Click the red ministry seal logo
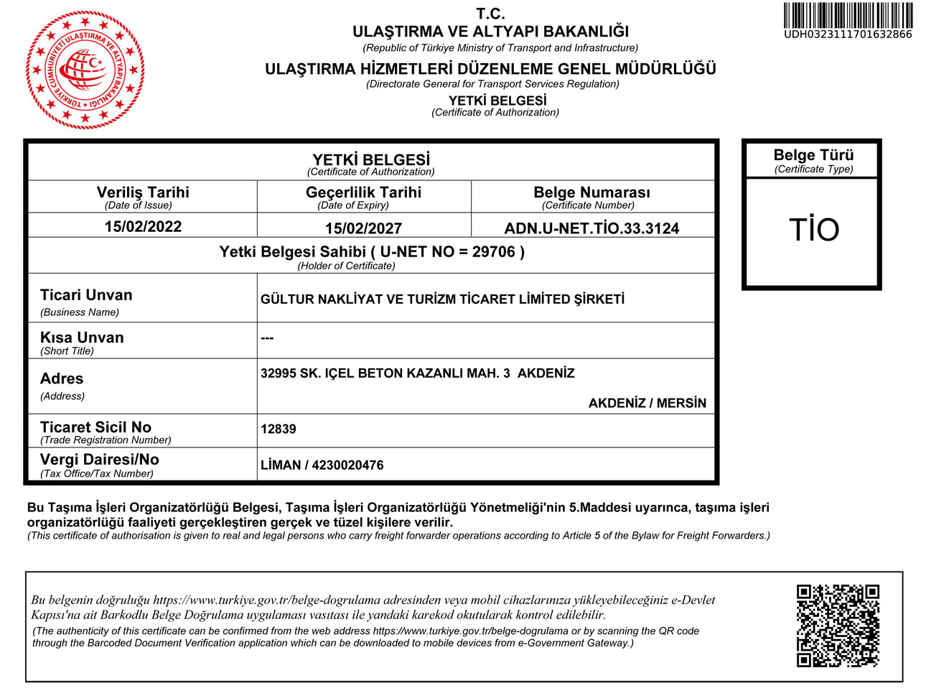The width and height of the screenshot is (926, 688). [x=85, y=70]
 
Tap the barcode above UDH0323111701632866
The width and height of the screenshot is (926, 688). [x=848, y=15]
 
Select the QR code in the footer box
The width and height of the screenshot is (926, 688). [x=838, y=626]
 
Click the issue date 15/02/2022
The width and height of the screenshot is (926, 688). [x=143, y=227]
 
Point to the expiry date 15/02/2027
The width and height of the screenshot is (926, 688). [x=363, y=228]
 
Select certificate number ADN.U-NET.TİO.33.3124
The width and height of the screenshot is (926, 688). [x=591, y=228]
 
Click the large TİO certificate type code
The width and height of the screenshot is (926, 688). [x=813, y=230]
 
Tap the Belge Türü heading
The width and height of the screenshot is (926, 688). [x=813, y=155]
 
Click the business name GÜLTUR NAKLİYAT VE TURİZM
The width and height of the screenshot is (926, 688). [x=442, y=299]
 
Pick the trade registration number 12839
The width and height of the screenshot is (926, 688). [x=279, y=429]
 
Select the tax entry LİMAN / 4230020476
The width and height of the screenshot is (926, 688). [x=322, y=465]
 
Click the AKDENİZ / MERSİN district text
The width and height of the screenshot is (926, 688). [x=647, y=403]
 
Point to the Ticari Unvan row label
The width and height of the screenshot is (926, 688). [x=86, y=295]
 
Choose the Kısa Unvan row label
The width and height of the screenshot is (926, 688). [x=82, y=338]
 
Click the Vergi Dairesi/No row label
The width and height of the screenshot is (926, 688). [x=100, y=460]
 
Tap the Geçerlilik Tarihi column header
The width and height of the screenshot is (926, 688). [x=363, y=192]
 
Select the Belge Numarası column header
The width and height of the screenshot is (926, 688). [x=591, y=192]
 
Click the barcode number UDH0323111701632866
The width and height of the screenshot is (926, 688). [x=848, y=34]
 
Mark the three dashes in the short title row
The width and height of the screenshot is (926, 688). [x=267, y=338]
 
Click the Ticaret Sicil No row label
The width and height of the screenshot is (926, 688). [x=95, y=427]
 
